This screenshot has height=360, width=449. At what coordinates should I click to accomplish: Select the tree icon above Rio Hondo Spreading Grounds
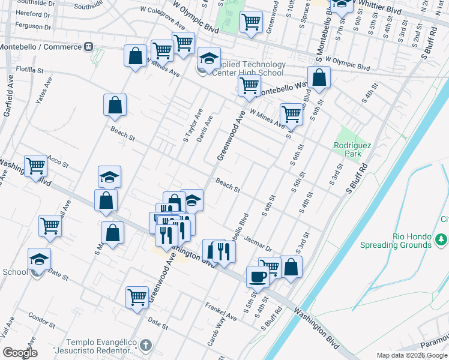tap(442, 239)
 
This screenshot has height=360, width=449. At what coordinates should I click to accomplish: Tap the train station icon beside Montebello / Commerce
tap(89, 47)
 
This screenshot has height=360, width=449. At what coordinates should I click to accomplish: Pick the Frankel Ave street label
tap(221, 312)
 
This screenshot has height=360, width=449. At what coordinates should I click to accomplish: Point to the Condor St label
tap(41, 319)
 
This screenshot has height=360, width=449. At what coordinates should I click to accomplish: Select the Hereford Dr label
tap(32, 14)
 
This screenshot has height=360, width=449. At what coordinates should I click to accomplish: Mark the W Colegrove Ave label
tap(162, 17)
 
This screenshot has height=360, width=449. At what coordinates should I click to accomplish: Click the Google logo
tap(20, 353)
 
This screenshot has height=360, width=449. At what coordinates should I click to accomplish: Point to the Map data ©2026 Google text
tap(411, 356)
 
